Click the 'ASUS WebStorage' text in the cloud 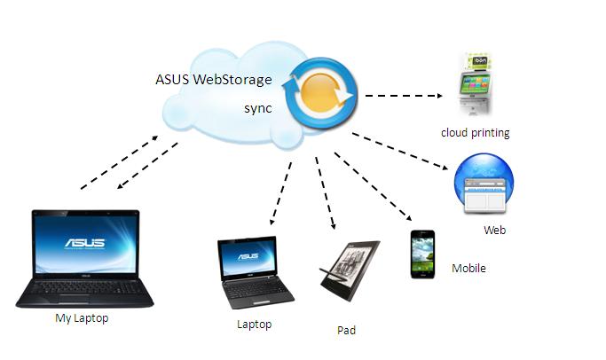pyautogui.click(x=214, y=80)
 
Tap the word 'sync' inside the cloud pyautogui.click(x=258, y=108)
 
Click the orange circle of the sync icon pyautogui.click(x=320, y=93)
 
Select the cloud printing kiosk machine pyautogui.click(x=475, y=84)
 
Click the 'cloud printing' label pyautogui.click(x=476, y=133)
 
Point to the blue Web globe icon pyautogui.click(x=484, y=184)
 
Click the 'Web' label pyautogui.click(x=495, y=231)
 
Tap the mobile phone pyautogui.click(x=422, y=254)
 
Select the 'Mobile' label pyautogui.click(x=468, y=268)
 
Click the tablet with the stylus pyautogui.click(x=350, y=270)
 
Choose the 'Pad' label pyautogui.click(x=346, y=330)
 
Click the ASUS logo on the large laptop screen pyautogui.click(x=85, y=243)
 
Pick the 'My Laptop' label pyautogui.click(x=82, y=318)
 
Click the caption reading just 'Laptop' pyautogui.click(x=255, y=324)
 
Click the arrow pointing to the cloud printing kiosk pyautogui.click(x=404, y=96)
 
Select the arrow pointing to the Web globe pyautogui.click(x=400, y=151)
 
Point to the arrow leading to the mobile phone pyautogui.click(x=374, y=186)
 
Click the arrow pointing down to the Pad pyautogui.click(x=326, y=193)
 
